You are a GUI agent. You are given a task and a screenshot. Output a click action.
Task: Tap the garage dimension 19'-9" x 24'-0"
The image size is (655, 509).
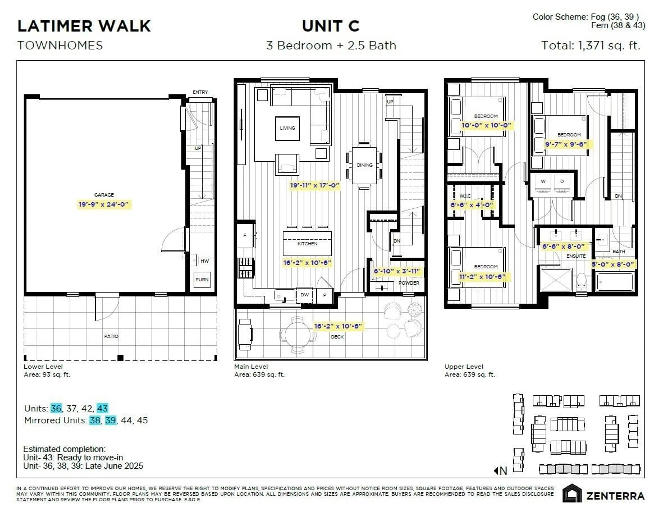[104, 205]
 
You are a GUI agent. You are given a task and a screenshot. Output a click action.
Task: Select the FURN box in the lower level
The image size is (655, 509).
[202, 280]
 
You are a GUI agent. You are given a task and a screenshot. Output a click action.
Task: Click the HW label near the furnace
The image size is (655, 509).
[205, 261]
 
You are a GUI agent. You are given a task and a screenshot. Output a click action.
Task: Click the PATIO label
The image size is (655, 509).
[111, 336]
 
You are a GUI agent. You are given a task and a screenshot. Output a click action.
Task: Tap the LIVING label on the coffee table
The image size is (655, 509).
[287, 128]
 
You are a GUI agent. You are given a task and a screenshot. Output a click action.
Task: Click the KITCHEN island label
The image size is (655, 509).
[307, 244]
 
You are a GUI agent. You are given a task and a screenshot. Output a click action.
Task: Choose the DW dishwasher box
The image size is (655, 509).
[305, 295]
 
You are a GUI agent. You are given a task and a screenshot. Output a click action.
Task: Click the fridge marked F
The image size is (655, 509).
[245, 235]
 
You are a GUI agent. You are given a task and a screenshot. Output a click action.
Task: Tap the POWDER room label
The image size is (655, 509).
[409, 283]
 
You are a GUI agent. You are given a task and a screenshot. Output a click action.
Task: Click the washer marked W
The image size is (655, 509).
[543, 181]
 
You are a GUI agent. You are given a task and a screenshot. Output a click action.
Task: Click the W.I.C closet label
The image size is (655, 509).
[465, 196]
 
